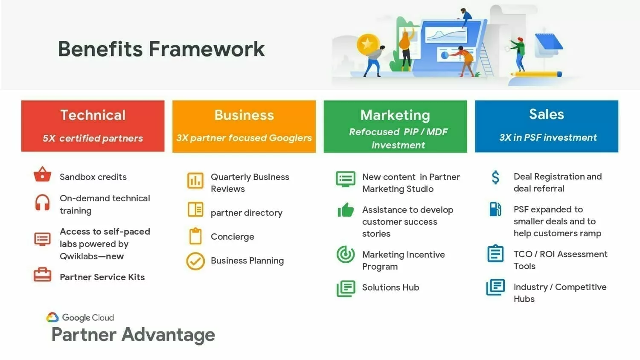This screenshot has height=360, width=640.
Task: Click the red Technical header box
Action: pyautogui.click(x=93, y=126)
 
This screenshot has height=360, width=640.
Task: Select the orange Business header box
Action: pyautogui.click(x=244, y=126)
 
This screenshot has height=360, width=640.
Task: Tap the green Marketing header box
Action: pyautogui.click(x=395, y=126)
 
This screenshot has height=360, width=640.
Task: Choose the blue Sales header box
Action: pyautogui.click(x=547, y=126)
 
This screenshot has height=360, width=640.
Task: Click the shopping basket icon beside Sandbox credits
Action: pyautogui.click(x=42, y=174)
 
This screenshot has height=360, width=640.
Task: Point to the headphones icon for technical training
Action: pyautogui.click(x=42, y=203)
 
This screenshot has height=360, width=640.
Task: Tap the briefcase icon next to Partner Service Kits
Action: pyautogui.click(x=42, y=275)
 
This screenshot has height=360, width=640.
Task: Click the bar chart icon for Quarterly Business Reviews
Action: pyautogui.click(x=195, y=180)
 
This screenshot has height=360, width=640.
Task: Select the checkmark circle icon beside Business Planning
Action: pyautogui.click(x=195, y=261)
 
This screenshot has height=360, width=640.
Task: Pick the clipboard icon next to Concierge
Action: pyautogui.click(x=195, y=236)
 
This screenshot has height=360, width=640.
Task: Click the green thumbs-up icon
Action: pyautogui.click(x=346, y=210)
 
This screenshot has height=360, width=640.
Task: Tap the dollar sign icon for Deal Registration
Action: pyautogui.click(x=495, y=177)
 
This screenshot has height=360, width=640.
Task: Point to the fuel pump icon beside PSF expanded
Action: pyautogui.click(x=495, y=209)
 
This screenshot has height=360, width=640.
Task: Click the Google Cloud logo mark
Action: pyautogui.click(x=52, y=317)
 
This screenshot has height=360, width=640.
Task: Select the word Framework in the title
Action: pyautogui.click(x=207, y=49)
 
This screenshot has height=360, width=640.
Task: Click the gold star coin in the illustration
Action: pyautogui.click(x=368, y=44)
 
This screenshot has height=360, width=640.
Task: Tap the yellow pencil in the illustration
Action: pyautogui.click(x=536, y=74)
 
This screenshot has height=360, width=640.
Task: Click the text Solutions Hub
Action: pyautogui.click(x=390, y=287)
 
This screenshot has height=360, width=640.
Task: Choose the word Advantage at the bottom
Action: pyautogui.click(x=168, y=334)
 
